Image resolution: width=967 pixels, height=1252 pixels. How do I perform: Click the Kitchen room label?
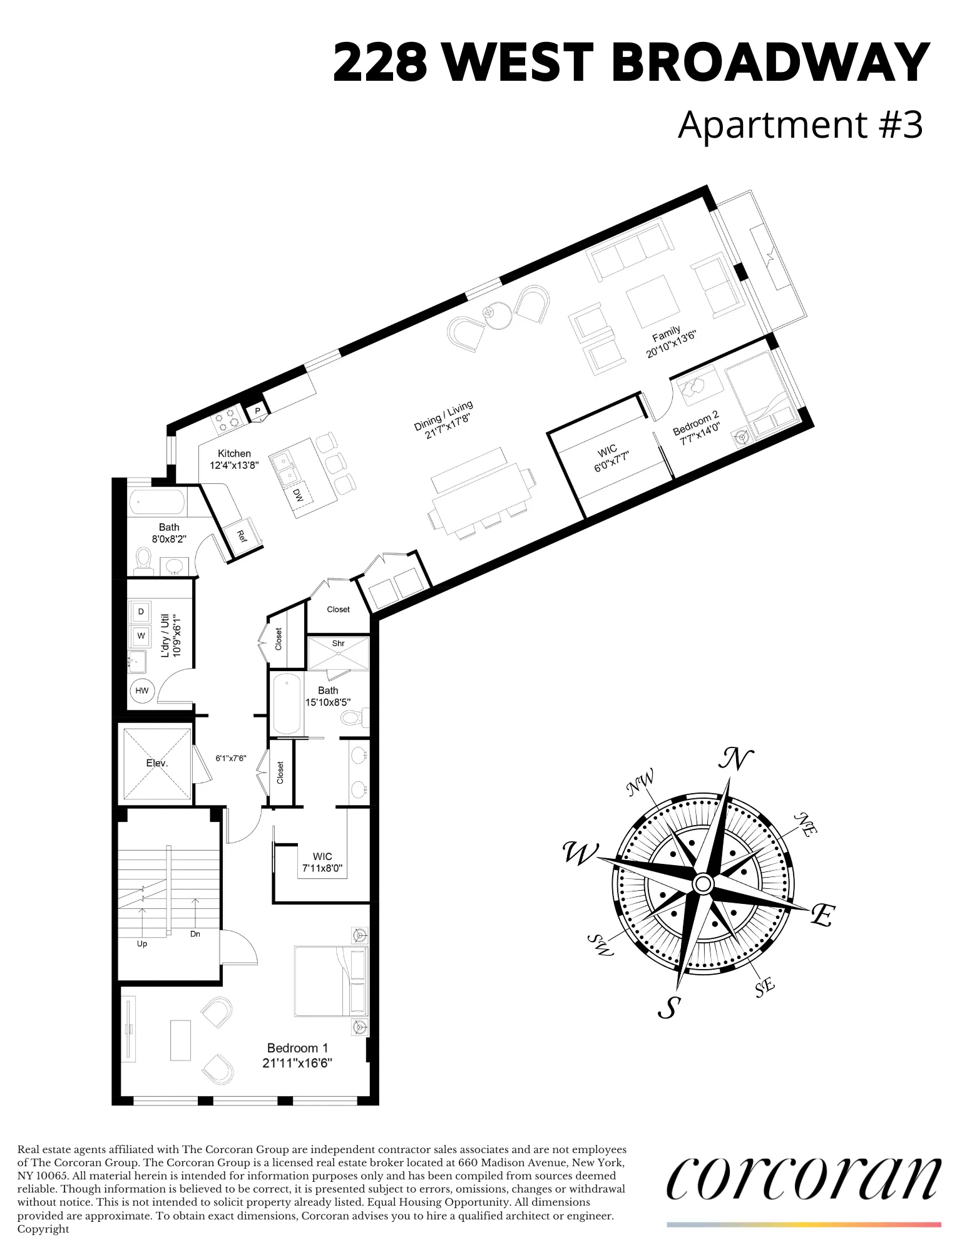[x=234, y=453]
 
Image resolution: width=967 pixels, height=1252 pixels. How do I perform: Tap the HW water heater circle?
[x=142, y=690]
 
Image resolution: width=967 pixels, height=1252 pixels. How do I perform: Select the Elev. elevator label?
[x=157, y=763]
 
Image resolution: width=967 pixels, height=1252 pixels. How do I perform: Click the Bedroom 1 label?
[x=297, y=1048]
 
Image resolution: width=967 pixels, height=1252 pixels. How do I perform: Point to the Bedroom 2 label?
[x=695, y=423]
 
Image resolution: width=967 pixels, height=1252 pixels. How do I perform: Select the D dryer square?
[x=141, y=612]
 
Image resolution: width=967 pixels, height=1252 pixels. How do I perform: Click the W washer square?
[x=141, y=635]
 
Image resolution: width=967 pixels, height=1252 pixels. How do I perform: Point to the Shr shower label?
[x=338, y=643]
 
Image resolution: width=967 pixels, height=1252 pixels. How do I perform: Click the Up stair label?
[x=142, y=943]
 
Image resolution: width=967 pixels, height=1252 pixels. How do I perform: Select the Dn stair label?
[x=195, y=934]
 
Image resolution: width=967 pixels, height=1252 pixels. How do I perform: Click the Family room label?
[x=665, y=334]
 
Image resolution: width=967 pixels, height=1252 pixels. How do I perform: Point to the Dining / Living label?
[x=443, y=416]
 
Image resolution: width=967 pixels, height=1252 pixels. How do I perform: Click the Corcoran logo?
[x=803, y=1178]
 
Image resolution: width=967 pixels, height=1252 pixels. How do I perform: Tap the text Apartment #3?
[x=800, y=124]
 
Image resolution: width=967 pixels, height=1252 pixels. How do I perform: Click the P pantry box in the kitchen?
[x=257, y=411]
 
